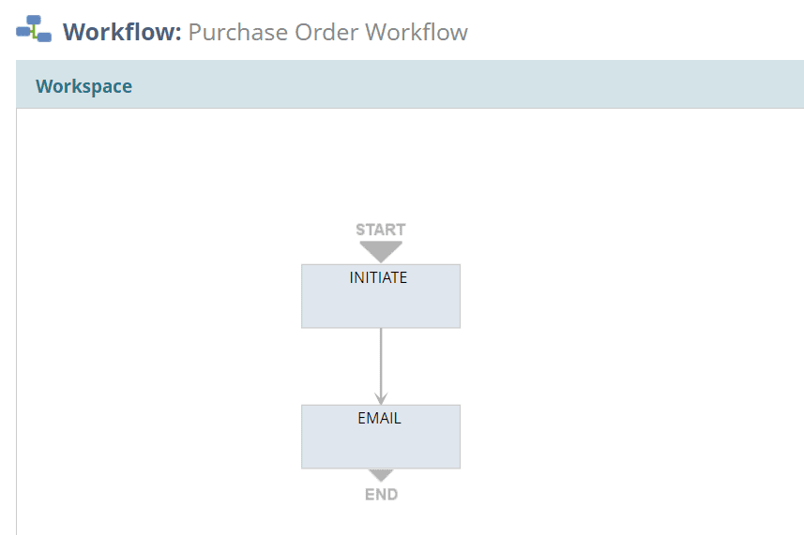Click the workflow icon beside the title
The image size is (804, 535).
point(34,29)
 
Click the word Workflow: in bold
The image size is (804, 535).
point(122,32)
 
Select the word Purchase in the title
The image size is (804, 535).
point(238,32)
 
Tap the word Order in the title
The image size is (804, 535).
point(326,32)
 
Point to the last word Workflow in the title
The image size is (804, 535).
point(417,32)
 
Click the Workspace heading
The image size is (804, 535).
point(83,86)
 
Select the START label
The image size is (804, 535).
point(381,230)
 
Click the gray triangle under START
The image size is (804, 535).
point(381,251)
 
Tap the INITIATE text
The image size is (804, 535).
point(378,277)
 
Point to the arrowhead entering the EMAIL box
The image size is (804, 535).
point(381,398)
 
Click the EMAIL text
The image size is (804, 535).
point(379,418)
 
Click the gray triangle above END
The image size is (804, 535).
point(381,475)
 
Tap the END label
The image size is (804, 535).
point(382,494)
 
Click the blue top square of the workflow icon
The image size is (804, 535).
point(34,20)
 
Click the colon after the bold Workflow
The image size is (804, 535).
point(178,35)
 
